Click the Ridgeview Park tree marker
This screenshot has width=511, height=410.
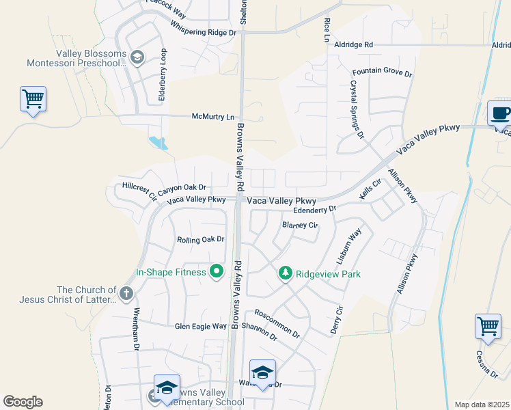[286, 273]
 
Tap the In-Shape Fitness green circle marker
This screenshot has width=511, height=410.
[217, 272]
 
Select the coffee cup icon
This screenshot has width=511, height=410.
[501, 113]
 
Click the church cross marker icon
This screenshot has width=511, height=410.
[126, 295]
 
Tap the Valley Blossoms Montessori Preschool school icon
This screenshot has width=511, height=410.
[137, 57]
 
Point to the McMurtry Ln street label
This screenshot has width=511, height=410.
[212, 117]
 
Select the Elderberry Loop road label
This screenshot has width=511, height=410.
[163, 75]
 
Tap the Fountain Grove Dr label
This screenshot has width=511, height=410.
[383, 72]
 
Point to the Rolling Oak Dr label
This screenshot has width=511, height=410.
[200, 239]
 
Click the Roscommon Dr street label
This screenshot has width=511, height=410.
[277, 323]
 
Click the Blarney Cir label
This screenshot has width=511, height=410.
[300, 225]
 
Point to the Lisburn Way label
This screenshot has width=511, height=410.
[348, 247]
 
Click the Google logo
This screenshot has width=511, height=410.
[23, 402]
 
